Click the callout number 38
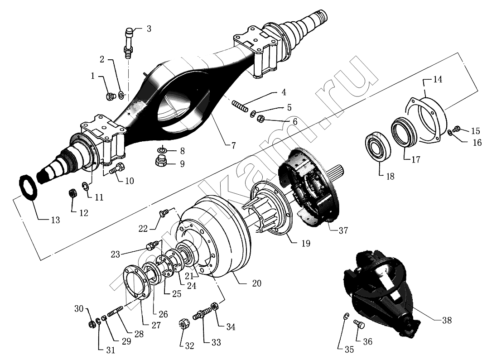(446, 320)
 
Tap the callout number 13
(55, 221)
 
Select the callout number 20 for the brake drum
(256, 283)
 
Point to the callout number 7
(233, 146)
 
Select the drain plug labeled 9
(161, 161)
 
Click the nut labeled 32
(183, 324)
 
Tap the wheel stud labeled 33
(201, 313)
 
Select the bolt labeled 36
(357, 325)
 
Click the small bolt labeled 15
(456, 130)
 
